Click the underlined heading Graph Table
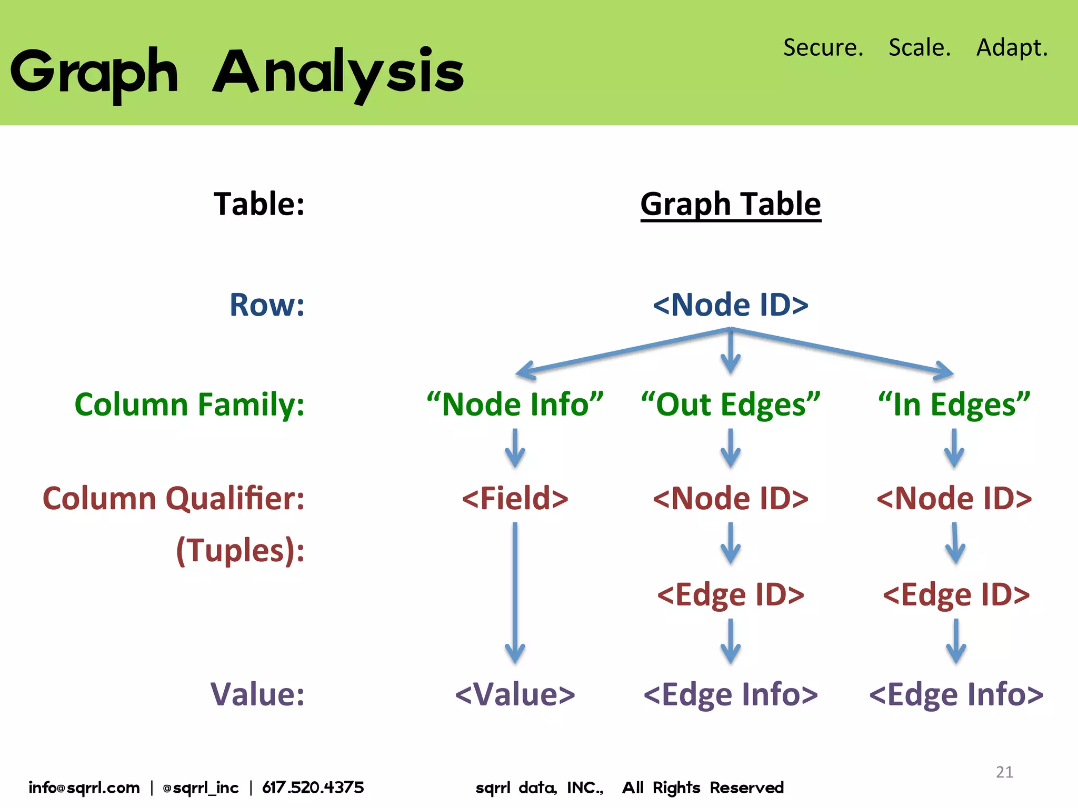(731, 204)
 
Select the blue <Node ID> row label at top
(731, 305)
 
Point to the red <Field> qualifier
(515, 498)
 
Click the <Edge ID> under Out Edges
(731, 594)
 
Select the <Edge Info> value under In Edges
(956, 694)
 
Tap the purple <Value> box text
(515, 694)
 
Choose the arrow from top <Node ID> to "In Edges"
(842, 351)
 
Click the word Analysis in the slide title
(338, 73)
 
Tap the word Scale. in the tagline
(920, 47)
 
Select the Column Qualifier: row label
(174, 498)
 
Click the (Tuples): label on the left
(240, 550)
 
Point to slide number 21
(1004, 772)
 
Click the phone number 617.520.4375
(313, 787)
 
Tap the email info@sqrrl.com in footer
(84, 787)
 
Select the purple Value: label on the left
(257, 694)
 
